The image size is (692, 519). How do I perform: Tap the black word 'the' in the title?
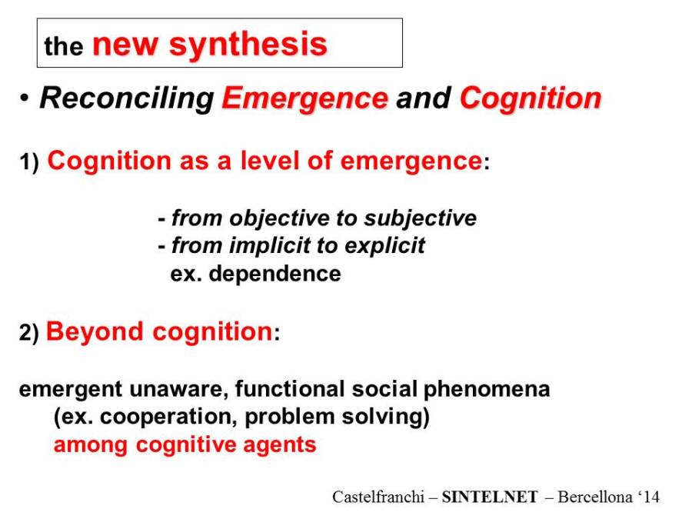click(x=64, y=46)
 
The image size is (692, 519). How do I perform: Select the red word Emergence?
click(x=305, y=98)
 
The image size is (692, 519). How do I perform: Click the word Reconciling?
click(x=127, y=98)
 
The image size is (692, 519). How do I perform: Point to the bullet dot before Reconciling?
click(x=25, y=98)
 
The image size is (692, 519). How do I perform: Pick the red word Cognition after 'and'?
click(x=531, y=98)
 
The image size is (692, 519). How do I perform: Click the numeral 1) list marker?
click(x=29, y=162)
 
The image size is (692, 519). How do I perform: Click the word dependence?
click(x=274, y=274)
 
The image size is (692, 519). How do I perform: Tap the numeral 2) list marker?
click(x=29, y=333)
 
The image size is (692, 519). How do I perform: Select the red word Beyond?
click(x=95, y=332)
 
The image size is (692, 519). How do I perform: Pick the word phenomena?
click(x=487, y=390)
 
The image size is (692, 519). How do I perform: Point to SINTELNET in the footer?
click(x=490, y=497)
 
